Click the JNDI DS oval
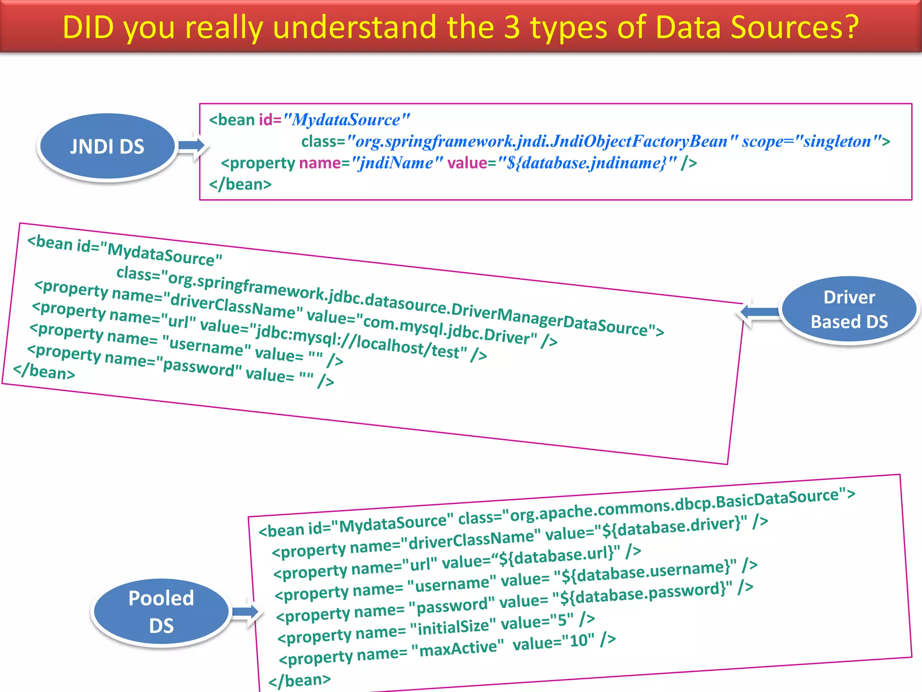(107, 146)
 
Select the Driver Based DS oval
(849, 310)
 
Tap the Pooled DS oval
(161, 612)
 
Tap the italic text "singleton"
(837, 141)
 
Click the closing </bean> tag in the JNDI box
(240, 184)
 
